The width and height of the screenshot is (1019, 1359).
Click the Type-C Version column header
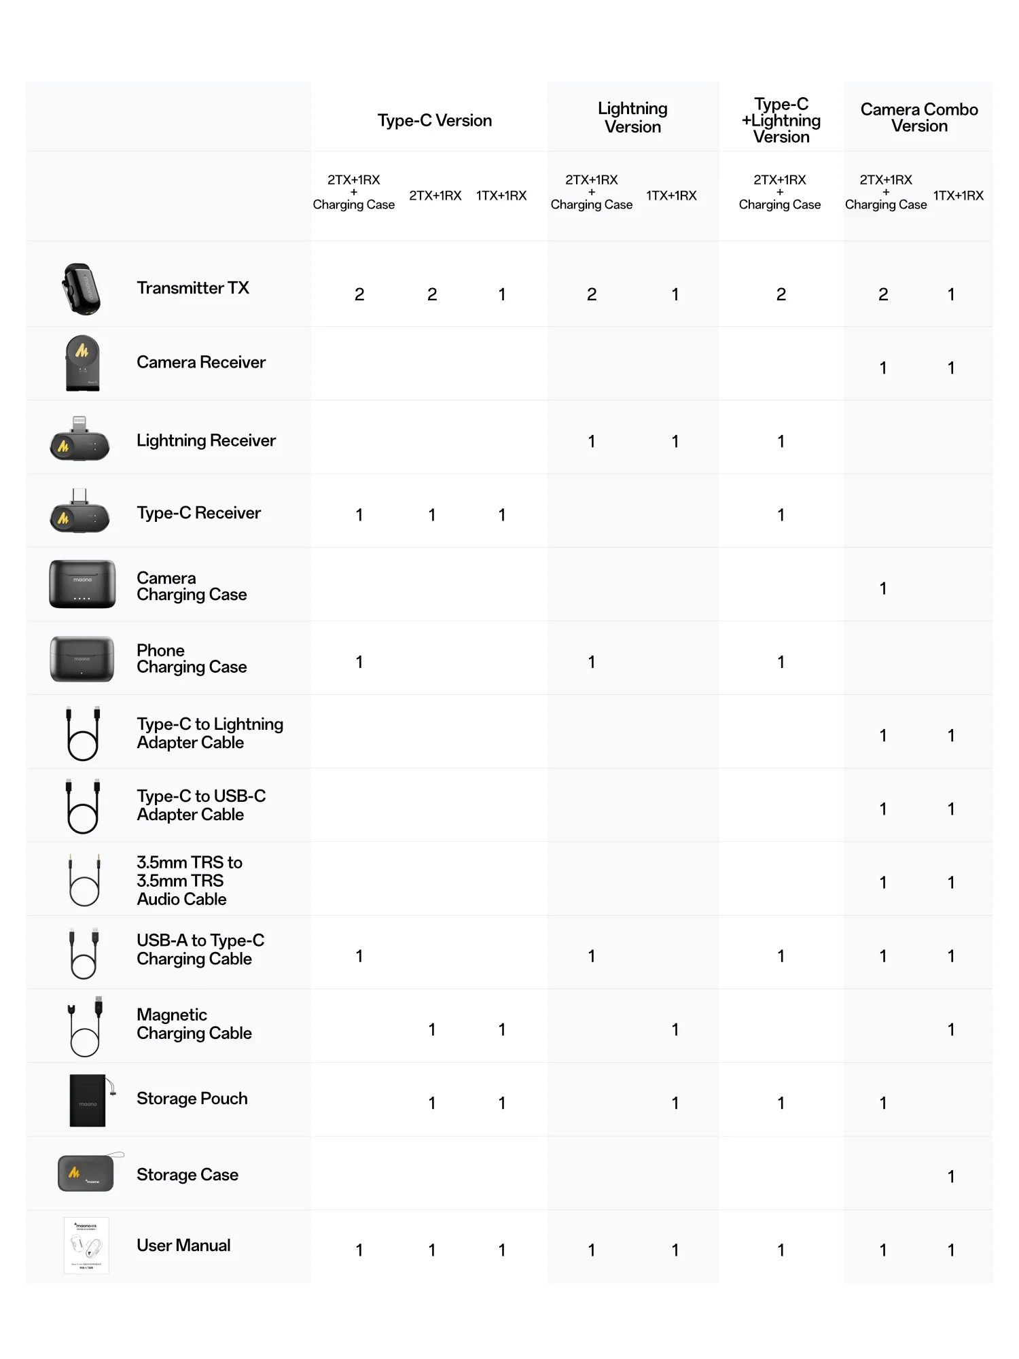pyautogui.click(x=435, y=120)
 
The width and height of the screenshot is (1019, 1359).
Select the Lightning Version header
pyautogui.click(x=632, y=118)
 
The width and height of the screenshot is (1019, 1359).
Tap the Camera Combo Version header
pyautogui.click(x=918, y=118)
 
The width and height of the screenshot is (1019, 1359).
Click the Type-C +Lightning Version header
pyautogui.click(x=781, y=120)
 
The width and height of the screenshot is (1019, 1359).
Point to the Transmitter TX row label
pyautogui.click(x=193, y=288)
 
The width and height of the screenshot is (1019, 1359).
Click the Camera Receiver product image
pyautogui.click(x=82, y=363)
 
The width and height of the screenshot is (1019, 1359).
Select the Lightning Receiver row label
pyautogui.click(x=206, y=440)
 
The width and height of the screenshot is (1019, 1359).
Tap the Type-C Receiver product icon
pyautogui.click(x=79, y=512)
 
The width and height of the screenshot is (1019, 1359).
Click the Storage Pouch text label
pyautogui.click(x=192, y=1099)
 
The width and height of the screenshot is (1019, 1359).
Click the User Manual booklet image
pyautogui.click(x=86, y=1246)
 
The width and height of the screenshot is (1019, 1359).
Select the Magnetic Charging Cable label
pyautogui.click(x=194, y=1024)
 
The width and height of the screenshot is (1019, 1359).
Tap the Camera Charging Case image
pyautogui.click(x=82, y=584)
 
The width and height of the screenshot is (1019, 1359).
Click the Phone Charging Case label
pyautogui.click(x=191, y=658)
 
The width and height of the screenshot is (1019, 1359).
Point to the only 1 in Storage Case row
pyautogui.click(x=951, y=1176)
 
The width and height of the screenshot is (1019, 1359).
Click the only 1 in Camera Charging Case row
pyautogui.click(x=882, y=588)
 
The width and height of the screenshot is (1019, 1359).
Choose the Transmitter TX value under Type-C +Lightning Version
pyautogui.click(x=781, y=294)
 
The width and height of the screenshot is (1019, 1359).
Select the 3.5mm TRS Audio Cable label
pyautogui.click(x=189, y=881)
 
